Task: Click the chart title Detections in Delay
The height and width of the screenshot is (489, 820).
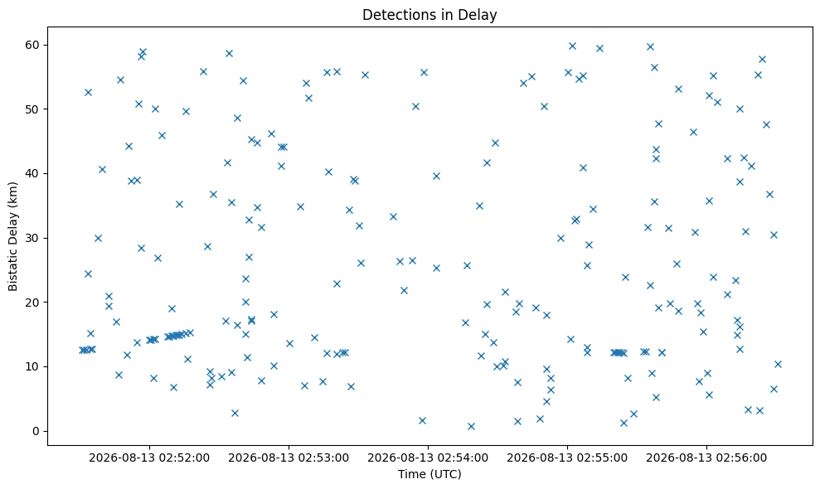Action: [429, 15]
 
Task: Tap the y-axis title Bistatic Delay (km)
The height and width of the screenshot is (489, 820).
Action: [13, 236]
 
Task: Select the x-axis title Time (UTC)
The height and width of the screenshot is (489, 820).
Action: [429, 474]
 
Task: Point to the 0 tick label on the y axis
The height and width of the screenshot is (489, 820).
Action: [36, 432]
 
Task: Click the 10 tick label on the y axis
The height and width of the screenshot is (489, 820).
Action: [33, 366]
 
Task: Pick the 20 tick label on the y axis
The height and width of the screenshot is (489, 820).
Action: [33, 303]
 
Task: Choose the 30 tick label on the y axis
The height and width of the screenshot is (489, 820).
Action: [33, 238]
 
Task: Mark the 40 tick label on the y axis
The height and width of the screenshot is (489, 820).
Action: [33, 173]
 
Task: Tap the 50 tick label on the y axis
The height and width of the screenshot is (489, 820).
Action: [33, 109]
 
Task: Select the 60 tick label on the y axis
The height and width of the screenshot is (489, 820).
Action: [33, 45]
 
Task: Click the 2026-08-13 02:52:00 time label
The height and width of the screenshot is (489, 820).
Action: [149, 458]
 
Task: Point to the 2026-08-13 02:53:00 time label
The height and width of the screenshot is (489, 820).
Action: [289, 458]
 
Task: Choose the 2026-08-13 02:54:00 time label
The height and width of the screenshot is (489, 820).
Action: [428, 458]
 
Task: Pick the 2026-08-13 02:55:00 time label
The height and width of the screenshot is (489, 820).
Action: [567, 458]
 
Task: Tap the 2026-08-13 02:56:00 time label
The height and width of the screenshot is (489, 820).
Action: [706, 458]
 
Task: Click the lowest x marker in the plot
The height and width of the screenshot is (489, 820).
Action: [471, 426]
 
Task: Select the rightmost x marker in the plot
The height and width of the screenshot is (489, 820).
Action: [778, 364]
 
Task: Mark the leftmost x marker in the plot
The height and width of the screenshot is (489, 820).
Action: [82, 350]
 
